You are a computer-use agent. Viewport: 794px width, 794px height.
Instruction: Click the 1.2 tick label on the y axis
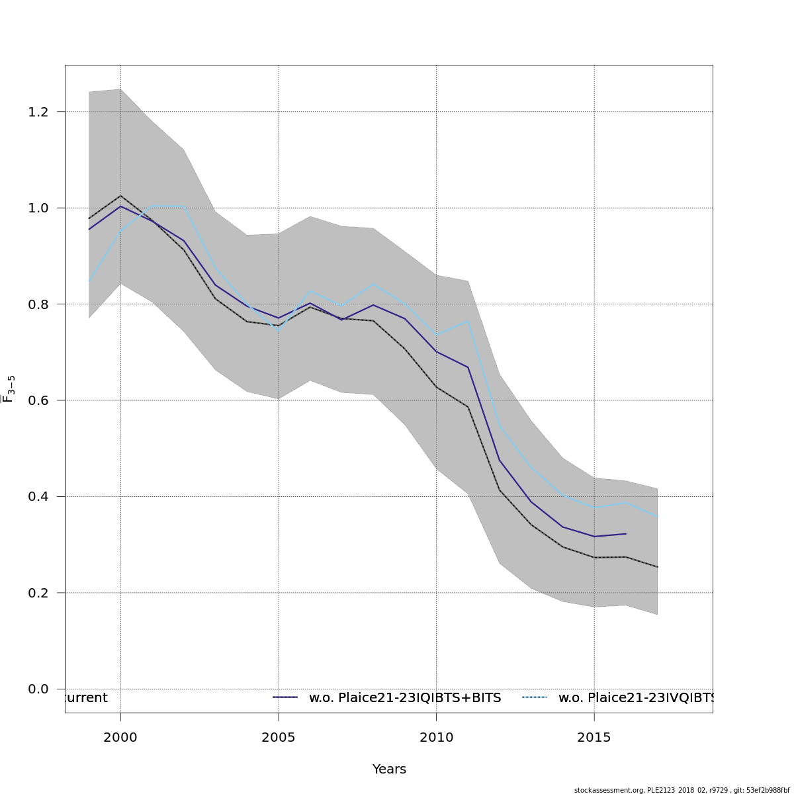[x=38, y=112]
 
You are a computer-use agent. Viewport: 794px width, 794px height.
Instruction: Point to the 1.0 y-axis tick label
[x=38, y=208]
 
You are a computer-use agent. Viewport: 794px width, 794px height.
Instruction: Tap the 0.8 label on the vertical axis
[x=38, y=304]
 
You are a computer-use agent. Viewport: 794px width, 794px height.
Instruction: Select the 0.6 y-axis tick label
[x=38, y=400]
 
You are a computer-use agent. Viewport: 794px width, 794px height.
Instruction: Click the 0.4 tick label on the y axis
[x=38, y=496]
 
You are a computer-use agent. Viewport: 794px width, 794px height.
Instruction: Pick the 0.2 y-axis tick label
[x=38, y=593]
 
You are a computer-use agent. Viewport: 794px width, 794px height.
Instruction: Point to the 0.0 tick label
[x=38, y=689]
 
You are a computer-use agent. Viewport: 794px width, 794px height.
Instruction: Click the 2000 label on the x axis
[x=120, y=737]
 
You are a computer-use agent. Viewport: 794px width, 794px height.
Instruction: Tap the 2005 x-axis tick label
[x=279, y=737]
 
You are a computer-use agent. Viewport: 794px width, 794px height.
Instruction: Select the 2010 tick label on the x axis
[x=436, y=737]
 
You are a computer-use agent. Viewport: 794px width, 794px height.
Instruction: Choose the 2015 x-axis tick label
[x=594, y=737]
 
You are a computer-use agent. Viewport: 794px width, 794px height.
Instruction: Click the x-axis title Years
[x=389, y=770]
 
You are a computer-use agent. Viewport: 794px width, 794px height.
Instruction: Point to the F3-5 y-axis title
[x=9, y=389]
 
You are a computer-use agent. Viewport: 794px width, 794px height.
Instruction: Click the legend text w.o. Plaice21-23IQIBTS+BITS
[x=405, y=698]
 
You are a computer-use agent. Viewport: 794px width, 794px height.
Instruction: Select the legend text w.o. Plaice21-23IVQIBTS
[x=635, y=698]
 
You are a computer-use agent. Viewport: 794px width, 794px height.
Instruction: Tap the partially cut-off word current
[x=85, y=698]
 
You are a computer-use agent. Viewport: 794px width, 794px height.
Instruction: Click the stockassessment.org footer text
[x=682, y=790]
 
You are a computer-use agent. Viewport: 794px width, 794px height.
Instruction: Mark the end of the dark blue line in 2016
[x=626, y=533]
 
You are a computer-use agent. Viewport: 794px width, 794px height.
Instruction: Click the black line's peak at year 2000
[x=120, y=196]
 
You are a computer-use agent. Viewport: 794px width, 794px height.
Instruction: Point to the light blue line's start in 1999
[x=89, y=282]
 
